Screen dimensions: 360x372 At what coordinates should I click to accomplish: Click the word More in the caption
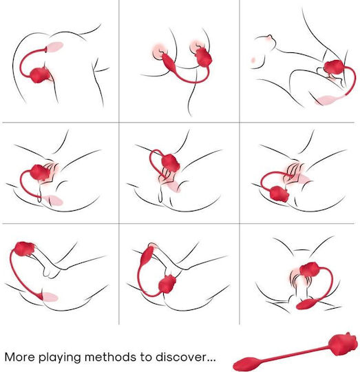[19, 357]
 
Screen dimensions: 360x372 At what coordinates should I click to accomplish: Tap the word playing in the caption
[60, 358]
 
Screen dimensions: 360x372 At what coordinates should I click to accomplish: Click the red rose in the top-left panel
[40, 75]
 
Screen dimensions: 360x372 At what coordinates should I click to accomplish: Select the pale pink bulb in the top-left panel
[55, 47]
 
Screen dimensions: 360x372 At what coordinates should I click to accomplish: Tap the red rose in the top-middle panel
[203, 57]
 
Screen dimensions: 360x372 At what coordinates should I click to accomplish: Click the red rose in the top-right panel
[334, 67]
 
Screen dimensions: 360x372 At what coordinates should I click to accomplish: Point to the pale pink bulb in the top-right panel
[328, 99]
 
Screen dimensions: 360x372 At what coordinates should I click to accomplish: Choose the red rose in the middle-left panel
[40, 172]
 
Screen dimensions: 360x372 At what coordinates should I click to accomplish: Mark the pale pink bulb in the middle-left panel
[54, 200]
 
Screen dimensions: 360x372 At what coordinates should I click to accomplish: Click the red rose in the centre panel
[171, 163]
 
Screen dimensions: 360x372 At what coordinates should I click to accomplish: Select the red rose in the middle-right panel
[279, 194]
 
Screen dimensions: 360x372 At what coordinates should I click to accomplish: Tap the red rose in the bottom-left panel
[24, 249]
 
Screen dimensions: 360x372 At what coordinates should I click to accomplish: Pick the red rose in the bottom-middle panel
[167, 284]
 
